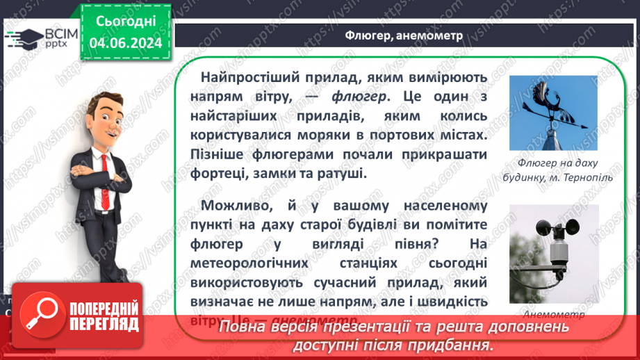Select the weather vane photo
coord(553,113)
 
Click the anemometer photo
coord(553,254)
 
